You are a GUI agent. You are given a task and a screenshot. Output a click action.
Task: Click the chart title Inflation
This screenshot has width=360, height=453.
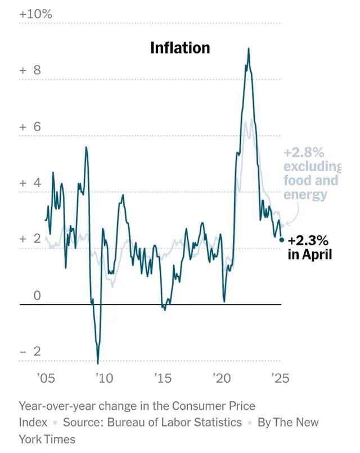pos(180,48)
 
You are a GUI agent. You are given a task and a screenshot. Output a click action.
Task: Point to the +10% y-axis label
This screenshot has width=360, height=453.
pos(35,14)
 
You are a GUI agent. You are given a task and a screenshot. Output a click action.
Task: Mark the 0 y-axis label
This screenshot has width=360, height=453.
pos(37,295)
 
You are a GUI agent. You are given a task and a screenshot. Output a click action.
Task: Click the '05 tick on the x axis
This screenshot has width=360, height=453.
pos(46,378)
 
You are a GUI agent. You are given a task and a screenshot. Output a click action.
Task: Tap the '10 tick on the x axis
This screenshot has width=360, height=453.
pos(103,378)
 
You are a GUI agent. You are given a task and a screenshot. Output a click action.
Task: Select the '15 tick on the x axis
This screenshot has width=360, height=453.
pos(162,378)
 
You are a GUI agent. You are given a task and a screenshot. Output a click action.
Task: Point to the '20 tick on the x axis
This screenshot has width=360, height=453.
pos(220,378)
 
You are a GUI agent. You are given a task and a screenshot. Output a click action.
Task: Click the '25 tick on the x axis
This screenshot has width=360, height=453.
pos(279,378)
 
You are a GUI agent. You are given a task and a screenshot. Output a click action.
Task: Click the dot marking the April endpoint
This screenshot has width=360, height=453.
pos(282,240)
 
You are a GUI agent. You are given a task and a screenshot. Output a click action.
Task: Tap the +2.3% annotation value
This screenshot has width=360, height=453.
pos(308,241)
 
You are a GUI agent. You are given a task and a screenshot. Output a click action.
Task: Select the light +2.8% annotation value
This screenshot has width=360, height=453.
pos(304,153)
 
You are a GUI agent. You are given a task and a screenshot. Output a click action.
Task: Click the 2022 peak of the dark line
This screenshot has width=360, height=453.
pos(249,49)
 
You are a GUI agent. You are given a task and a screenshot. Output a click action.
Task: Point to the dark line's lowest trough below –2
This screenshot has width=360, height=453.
pos(98,363)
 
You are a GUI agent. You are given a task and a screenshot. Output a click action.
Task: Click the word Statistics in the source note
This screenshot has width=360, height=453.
pos(216,422)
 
